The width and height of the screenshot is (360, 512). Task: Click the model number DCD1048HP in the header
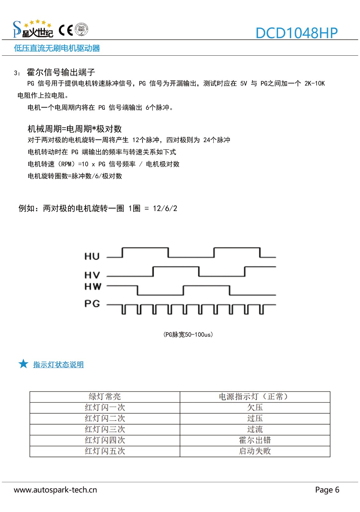point(296,33)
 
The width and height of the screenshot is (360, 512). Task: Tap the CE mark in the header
point(66,30)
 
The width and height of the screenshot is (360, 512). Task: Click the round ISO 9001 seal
point(81,30)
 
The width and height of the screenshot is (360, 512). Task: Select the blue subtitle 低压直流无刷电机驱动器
point(57,48)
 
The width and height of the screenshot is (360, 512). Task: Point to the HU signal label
point(92,256)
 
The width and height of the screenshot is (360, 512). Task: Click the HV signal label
point(92,275)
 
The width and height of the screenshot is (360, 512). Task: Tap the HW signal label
point(93,286)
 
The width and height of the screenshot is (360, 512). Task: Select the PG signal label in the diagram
point(92,303)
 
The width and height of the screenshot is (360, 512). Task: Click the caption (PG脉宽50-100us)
point(188,335)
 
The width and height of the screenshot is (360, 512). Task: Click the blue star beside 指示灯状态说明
point(23,364)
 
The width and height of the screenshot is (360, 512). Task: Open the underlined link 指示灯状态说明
point(58,364)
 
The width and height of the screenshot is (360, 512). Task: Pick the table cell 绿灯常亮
point(105,397)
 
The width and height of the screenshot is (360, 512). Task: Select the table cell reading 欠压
point(255,407)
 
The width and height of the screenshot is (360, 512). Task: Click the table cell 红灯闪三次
point(105,429)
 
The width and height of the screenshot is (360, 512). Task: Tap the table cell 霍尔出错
point(255,440)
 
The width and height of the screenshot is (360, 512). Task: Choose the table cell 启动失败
point(255,451)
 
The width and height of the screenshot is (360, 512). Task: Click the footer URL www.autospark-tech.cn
point(55,490)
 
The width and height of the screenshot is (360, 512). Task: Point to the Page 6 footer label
point(327,490)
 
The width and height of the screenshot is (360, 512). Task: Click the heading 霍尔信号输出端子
point(61,72)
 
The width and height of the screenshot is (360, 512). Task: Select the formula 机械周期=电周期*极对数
point(75,129)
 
